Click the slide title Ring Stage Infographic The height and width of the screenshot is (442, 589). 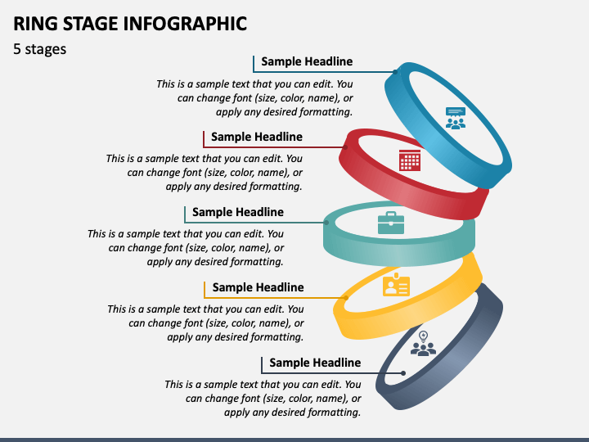(130, 23)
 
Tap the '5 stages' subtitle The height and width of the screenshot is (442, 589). (40, 49)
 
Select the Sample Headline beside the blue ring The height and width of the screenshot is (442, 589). (307, 61)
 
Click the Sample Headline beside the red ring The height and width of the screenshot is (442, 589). (256, 137)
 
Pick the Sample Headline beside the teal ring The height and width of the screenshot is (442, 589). (237, 212)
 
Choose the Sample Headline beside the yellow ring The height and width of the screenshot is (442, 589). (258, 287)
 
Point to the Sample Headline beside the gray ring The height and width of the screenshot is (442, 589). (315, 363)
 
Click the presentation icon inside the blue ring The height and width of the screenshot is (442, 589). (455, 118)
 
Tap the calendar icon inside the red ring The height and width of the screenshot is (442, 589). (410, 160)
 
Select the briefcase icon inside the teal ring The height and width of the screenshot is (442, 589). (390, 223)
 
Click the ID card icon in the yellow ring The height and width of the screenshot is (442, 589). (396, 285)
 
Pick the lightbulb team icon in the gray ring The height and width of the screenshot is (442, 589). (423, 344)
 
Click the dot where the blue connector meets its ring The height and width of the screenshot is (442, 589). (395, 72)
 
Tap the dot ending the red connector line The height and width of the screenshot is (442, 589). (345, 147)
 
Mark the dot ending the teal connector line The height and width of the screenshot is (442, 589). (326, 223)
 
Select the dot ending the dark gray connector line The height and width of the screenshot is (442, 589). (403, 373)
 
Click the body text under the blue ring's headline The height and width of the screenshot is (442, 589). (254, 97)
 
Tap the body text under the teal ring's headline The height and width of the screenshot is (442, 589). (186, 247)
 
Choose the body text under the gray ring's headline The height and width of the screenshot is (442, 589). (263, 398)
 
